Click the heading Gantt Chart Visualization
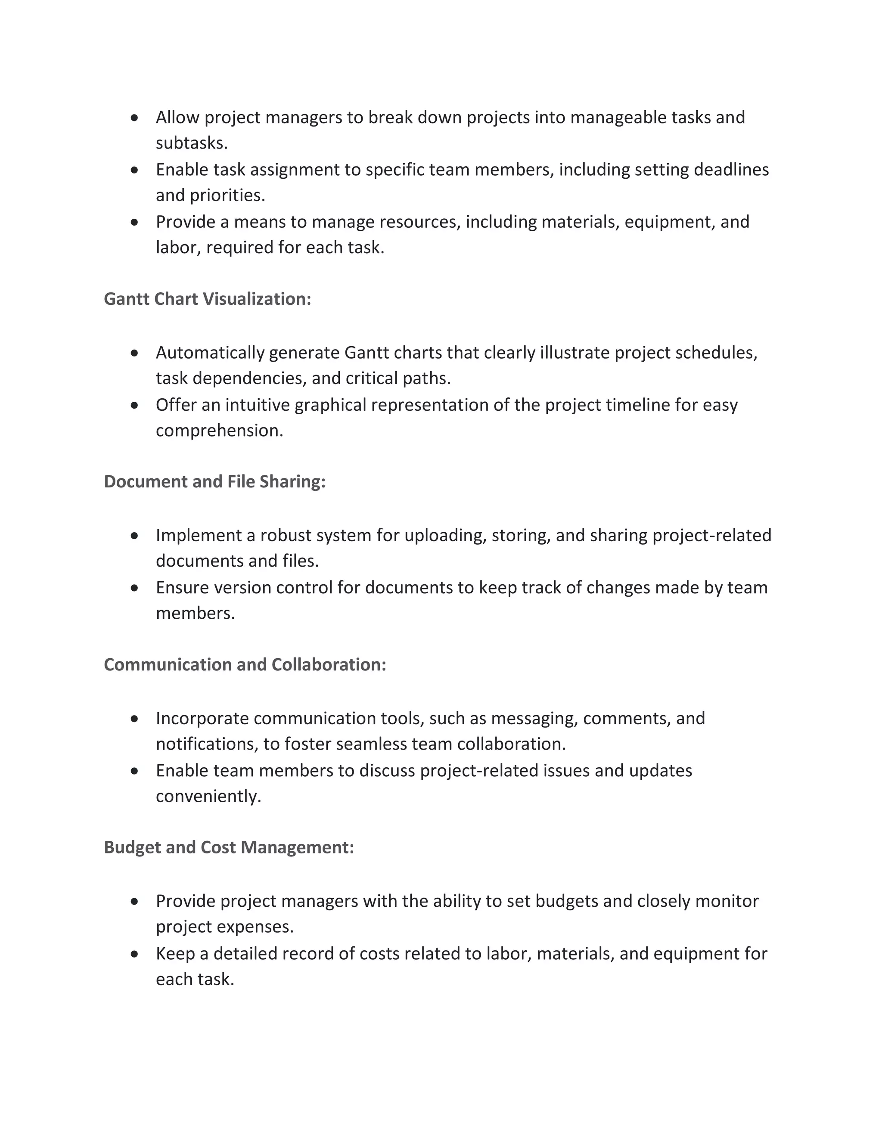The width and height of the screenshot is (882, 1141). [x=208, y=299]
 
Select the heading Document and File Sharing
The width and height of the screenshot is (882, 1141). [x=215, y=481]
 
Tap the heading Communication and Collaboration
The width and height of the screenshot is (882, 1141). [x=245, y=664]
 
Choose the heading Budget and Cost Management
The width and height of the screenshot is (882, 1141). [x=229, y=847]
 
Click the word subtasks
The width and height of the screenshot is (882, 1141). [x=191, y=143]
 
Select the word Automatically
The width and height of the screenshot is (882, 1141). [x=210, y=353]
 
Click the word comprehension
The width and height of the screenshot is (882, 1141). [x=219, y=431]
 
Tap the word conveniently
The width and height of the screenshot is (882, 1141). [x=208, y=796]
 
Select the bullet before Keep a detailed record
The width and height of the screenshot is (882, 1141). [x=135, y=954]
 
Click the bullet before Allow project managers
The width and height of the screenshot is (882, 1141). [x=135, y=118]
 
